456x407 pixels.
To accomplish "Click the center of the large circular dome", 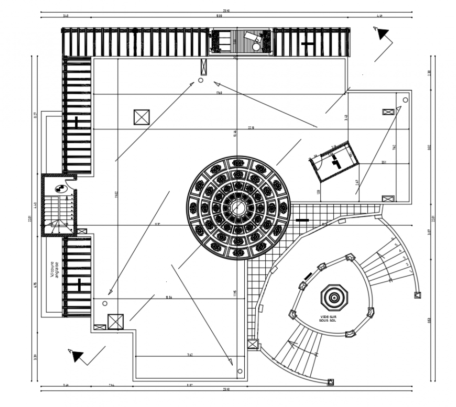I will [x=237, y=207].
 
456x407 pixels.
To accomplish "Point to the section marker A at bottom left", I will [x=77, y=356].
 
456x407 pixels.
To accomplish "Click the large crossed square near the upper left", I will [x=142, y=117].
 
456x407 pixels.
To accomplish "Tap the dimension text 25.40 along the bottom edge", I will [x=226, y=389].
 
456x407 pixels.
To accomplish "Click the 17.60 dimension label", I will [x=218, y=93].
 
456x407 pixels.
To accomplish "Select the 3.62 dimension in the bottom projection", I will [x=190, y=355].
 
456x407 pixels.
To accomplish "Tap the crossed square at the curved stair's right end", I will [x=417, y=295].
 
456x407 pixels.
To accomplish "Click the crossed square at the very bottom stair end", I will [x=331, y=382].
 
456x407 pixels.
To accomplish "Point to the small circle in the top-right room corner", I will [x=405, y=100].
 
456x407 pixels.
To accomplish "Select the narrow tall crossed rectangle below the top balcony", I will [x=203, y=68].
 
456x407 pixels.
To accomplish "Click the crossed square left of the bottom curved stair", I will [x=253, y=344].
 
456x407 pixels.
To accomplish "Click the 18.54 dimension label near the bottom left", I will [x=169, y=298].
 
